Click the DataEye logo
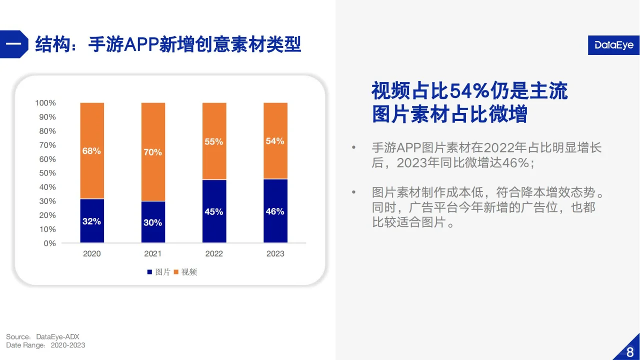click(x=613, y=45)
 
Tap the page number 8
click(x=629, y=352)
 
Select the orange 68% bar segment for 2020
click(x=92, y=150)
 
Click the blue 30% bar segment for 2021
click(x=153, y=222)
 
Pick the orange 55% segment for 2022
click(x=214, y=141)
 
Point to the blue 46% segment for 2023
click(x=275, y=211)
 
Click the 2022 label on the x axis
click(x=214, y=253)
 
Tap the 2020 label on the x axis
click(x=92, y=253)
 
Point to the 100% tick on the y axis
click(x=45, y=103)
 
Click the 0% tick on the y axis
click(x=49, y=243)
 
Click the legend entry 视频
click(x=185, y=272)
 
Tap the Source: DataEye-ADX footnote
click(x=43, y=336)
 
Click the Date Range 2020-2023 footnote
click(x=45, y=345)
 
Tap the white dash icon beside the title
click(x=13, y=44)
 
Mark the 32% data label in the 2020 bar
click(x=92, y=221)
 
